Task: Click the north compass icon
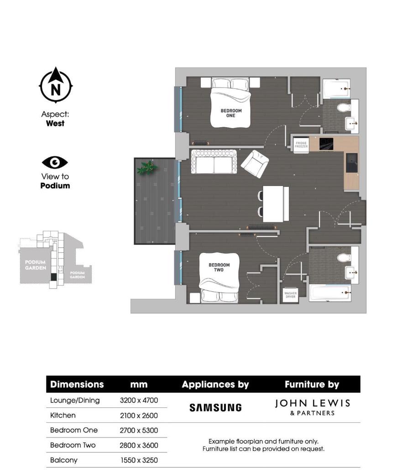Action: tap(55, 85)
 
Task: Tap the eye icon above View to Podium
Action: tap(55, 162)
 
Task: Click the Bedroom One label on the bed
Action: tap(231, 113)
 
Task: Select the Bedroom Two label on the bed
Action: tap(219, 267)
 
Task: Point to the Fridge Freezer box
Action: tap(301, 144)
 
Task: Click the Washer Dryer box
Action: tap(290, 294)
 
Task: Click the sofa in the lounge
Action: tap(214, 161)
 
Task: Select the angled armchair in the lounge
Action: tap(256, 164)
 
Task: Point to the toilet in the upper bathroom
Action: tap(343, 108)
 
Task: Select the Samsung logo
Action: tap(215, 407)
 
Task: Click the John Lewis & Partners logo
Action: tap(313, 407)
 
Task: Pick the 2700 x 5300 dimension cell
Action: tap(139, 430)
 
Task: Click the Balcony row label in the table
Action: tap(64, 460)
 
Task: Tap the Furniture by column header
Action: tap(312, 384)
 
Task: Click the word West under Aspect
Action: tap(55, 123)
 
